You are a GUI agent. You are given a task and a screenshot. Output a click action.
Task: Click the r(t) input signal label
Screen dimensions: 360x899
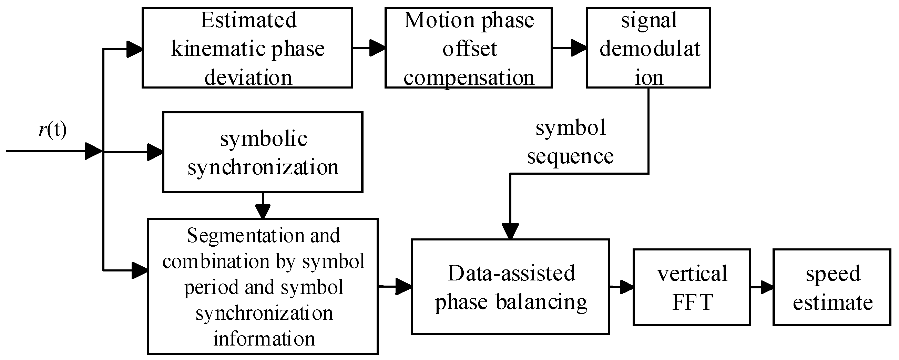(52, 130)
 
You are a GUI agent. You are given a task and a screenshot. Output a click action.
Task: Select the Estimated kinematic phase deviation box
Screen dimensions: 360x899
(247, 48)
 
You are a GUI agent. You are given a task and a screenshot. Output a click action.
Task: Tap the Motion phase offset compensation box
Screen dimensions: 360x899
(468, 48)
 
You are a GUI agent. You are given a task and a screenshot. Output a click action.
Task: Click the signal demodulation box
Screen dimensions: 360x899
(648, 48)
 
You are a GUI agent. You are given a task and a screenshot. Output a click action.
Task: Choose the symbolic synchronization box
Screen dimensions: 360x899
(263, 152)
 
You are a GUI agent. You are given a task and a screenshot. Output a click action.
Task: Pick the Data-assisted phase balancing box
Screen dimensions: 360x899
(510, 287)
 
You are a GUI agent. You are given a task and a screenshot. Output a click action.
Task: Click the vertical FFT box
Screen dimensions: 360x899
(692, 287)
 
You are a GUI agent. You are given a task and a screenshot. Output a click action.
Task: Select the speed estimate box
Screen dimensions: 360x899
(832, 287)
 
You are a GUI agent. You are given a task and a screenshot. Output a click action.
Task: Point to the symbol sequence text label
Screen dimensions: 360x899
(570, 142)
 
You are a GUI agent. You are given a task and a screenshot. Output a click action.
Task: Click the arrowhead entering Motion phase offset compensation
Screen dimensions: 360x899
(378, 48)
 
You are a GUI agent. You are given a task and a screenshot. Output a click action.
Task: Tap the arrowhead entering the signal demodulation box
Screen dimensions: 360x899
(579, 48)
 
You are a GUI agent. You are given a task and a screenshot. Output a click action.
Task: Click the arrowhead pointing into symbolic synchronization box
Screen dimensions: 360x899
(155, 152)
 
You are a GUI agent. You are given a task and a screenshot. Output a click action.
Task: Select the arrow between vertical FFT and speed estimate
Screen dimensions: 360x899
(763, 287)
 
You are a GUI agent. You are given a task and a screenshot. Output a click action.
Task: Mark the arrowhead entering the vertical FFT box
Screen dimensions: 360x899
(626, 287)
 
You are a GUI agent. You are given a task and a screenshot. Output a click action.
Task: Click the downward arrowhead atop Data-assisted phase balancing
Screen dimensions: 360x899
(510, 231)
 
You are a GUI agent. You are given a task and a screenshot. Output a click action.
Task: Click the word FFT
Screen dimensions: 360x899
(692, 302)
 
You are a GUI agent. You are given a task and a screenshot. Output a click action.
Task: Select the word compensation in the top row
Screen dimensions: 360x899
(469, 77)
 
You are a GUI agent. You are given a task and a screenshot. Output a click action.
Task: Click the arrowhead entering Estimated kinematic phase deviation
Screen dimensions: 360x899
(134, 49)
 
